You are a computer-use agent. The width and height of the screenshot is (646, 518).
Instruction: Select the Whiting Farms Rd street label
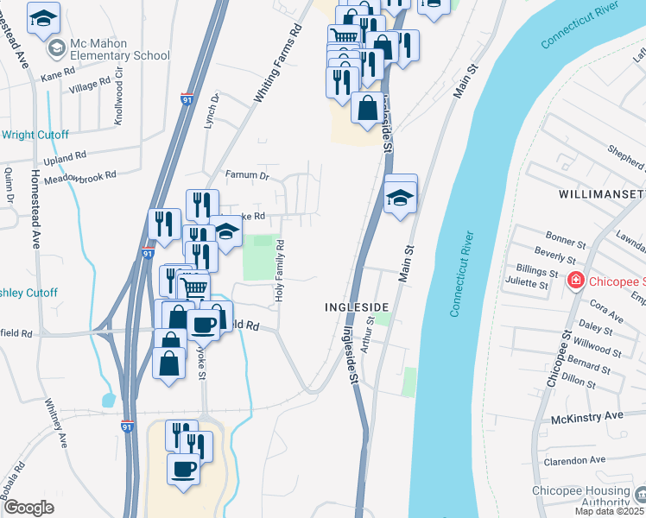coord(278,65)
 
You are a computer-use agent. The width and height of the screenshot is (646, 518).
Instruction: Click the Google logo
coord(28,508)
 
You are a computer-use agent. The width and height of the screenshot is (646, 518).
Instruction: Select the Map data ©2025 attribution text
coord(609,511)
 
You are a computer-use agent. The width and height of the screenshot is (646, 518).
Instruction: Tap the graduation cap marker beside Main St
coord(400,196)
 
